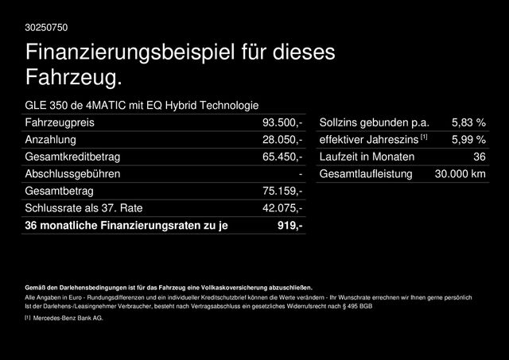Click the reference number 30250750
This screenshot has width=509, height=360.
click(47, 28)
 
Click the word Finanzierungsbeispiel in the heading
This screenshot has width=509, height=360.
click(131, 54)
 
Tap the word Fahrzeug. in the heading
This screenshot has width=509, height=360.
click(75, 78)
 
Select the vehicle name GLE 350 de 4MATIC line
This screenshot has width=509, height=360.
click(142, 105)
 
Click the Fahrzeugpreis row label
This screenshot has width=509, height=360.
click(61, 122)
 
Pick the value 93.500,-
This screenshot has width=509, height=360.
click(282, 122)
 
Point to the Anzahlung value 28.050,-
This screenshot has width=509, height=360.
click(282, 140)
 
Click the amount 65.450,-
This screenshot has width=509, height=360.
click(282, 157)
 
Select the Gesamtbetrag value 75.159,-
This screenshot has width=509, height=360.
click(282, 192)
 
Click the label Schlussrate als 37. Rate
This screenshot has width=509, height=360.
click(84, 208)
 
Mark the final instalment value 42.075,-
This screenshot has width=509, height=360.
click(282, 208)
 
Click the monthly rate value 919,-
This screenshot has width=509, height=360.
click(289, 226)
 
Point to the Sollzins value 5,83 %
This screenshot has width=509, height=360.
click(468, 122)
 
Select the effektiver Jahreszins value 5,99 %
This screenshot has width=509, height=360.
click(468, 140)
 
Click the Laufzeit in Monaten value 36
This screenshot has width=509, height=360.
click(479, 157)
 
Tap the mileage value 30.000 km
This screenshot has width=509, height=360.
click(455, 174)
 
